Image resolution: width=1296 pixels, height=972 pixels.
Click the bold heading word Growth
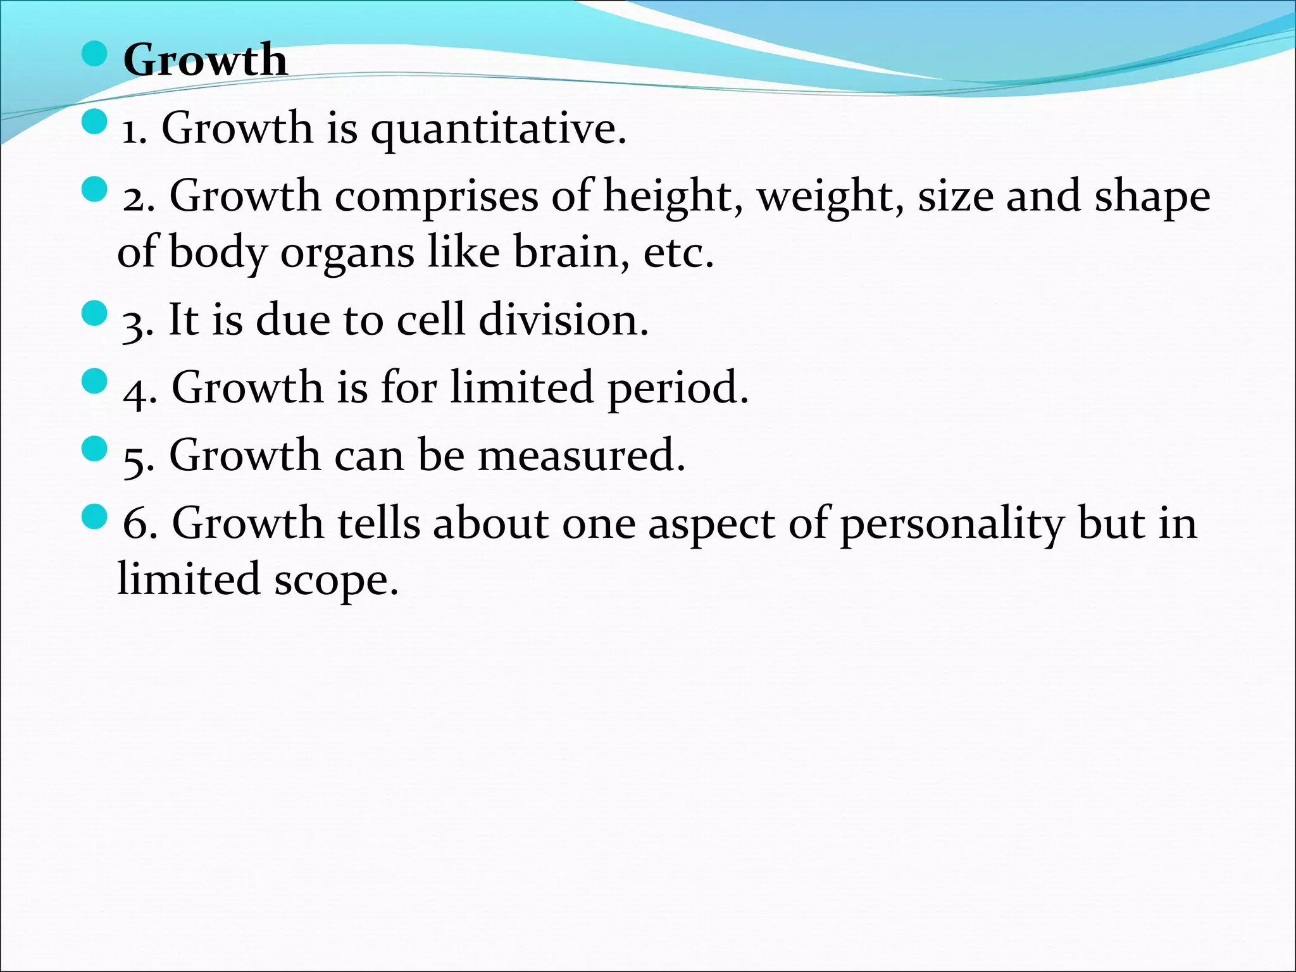point(205,60)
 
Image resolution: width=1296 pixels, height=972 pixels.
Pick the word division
point(563,320)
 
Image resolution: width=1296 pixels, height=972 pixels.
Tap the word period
point(678,389)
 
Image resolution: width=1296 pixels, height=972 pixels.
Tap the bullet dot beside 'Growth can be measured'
point(95,449)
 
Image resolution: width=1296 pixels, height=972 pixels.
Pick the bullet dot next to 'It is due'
point(95,313)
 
